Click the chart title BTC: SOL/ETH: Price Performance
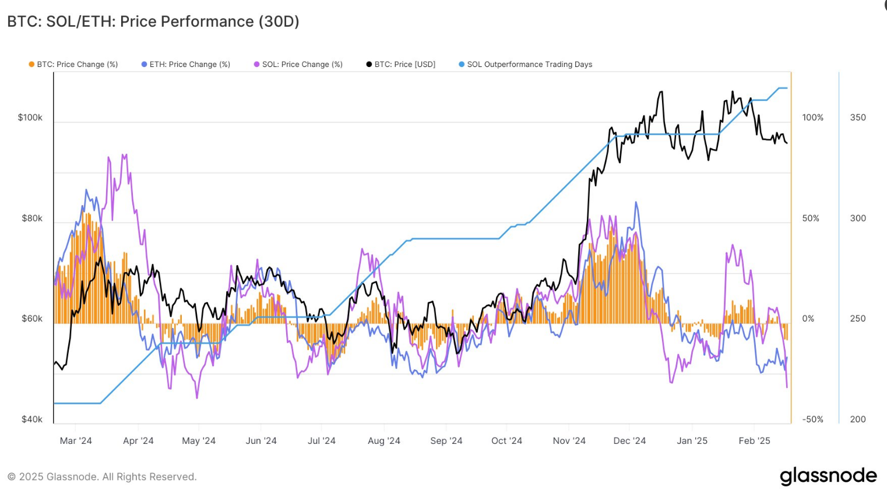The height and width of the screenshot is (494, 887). click(153, 22)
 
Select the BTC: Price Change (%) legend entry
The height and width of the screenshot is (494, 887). click(73, 65)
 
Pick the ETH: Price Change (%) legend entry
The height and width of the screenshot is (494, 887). click(186, 65)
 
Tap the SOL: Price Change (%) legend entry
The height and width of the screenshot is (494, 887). click(298, 65)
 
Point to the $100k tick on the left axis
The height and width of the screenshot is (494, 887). click(30, 118)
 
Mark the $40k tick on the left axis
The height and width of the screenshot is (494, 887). click(32, 419)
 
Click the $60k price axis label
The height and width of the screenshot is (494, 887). click(32, 319)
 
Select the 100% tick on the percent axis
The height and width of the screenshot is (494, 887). click(813, 118)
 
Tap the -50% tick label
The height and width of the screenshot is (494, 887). click(813, 419)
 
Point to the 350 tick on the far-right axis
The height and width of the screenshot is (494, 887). click(858, 118)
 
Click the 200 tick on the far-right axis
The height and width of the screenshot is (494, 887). click(858, 419)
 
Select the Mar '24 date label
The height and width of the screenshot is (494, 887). click(76, 441)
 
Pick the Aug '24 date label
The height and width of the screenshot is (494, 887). click(384, 441)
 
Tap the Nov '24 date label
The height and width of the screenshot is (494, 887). click(569, 441)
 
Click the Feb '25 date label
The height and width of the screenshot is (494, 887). click(755, 441)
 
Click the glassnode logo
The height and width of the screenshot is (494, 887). click(828, 476)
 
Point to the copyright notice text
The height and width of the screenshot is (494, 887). click(102, 477)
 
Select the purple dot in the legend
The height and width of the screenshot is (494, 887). click(256, 65)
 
